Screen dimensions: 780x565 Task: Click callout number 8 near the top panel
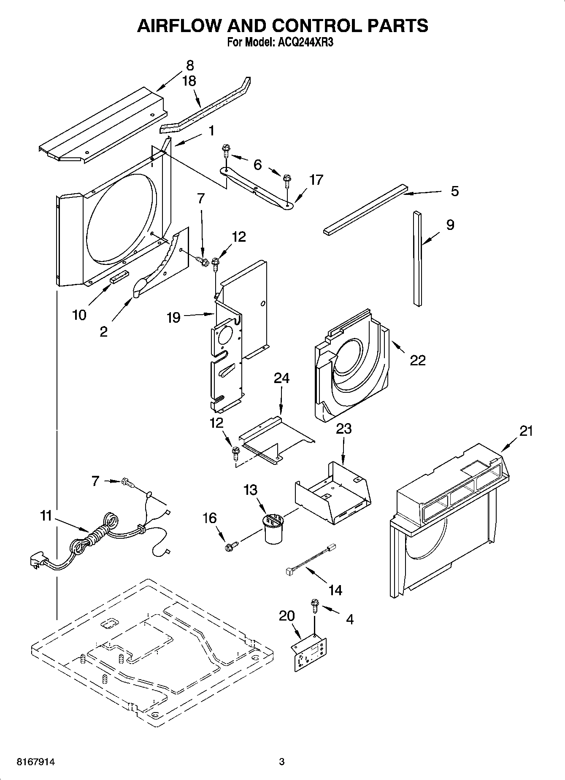(190, 65)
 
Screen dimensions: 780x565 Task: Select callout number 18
(189, 81)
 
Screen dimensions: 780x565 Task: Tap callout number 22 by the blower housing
(418, 360)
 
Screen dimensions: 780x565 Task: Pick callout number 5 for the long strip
(454, 191)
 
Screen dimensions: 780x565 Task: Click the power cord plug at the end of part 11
(36, 561)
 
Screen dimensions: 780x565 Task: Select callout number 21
(526, 431)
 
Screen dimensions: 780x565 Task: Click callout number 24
(281, 378)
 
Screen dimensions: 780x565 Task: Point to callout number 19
(173, 317)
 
